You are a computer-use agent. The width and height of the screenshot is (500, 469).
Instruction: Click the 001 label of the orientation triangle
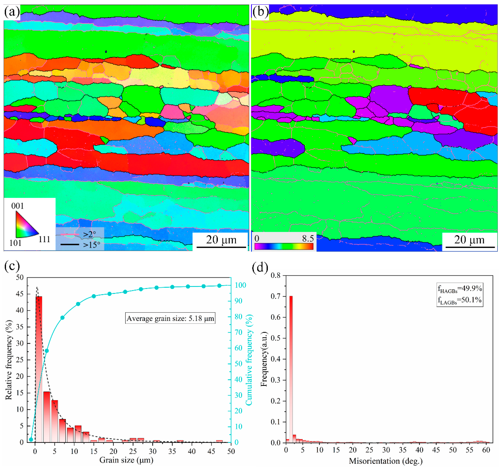point(17,206)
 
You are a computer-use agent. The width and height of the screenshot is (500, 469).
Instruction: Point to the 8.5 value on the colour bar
point(308,238)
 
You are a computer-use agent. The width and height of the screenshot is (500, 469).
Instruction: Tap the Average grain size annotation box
point(170,318)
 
